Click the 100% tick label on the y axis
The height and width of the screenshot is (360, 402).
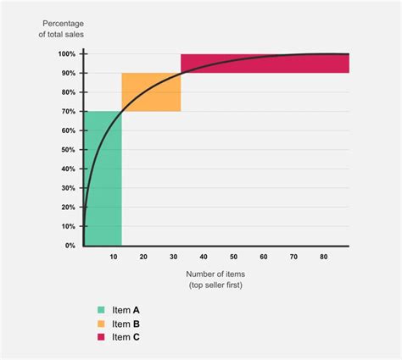(x=67, y=54)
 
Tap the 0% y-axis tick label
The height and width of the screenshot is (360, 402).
(x=70, y=246)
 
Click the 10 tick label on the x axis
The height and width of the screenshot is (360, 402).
(x=114, y=256)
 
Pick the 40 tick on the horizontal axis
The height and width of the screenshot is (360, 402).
(x=204, y=256)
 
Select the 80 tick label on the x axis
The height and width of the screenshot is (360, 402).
(x=324, y=256)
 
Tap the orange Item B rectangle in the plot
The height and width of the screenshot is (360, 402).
(x=151, y=92)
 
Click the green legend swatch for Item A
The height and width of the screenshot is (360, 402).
(x=103, y=310)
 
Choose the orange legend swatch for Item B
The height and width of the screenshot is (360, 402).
(x=103, y=324)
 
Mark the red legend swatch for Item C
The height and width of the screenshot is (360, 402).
(x=103, y=337)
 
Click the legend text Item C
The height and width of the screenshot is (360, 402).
(x=126, y=337)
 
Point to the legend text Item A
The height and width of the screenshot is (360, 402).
(x=126, y=310)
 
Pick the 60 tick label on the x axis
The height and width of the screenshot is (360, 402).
(x=264, y=256)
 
